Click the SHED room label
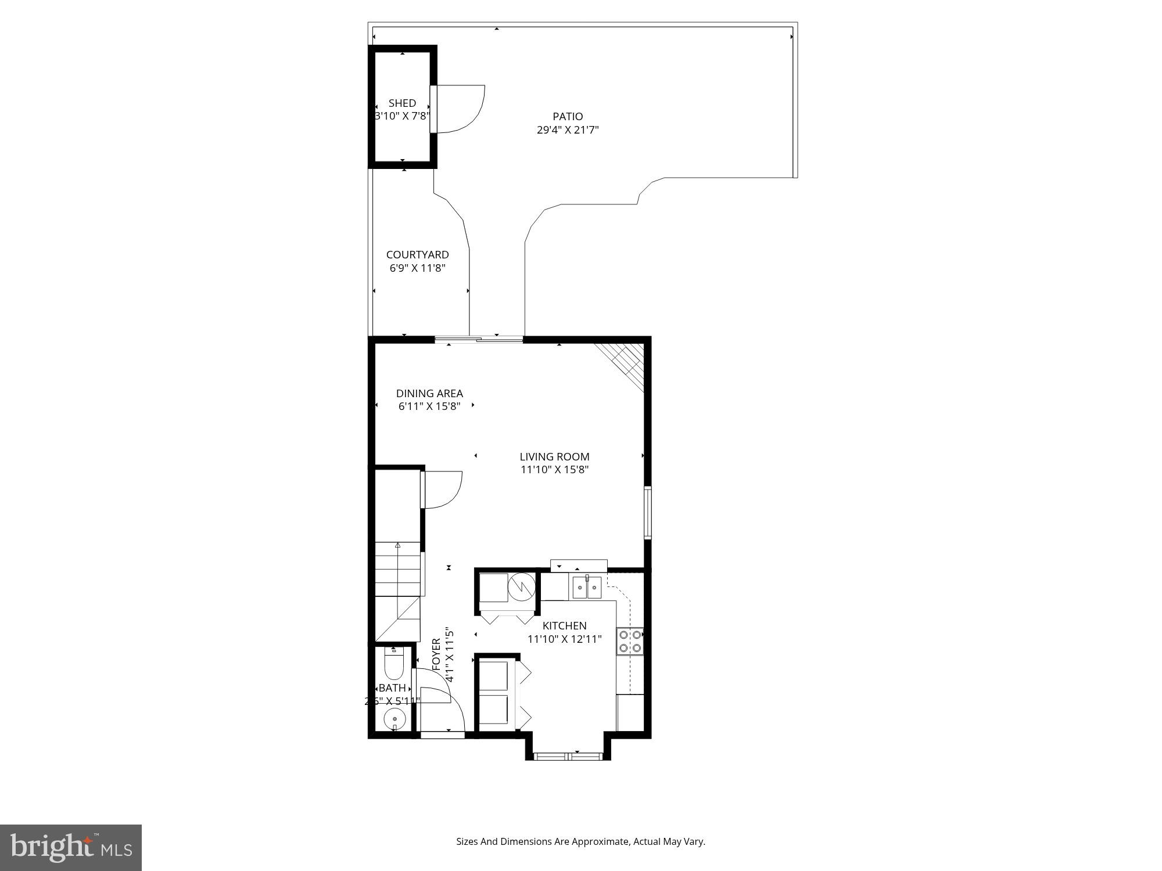[402, 103]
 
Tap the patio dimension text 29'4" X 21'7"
[568, 130]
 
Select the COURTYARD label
[417, 255]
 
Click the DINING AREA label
[429, 394]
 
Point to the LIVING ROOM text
[554, 457]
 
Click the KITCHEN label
[564, 626]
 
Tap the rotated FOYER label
[436, 655]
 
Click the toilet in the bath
[394, 665]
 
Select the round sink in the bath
[394, 719]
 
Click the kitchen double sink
[586, 588]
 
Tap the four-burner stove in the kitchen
[630, 641]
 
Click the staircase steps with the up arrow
[397, 568]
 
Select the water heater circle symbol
[521, 587]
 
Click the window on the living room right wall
[647, 513]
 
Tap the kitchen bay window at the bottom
[568, 755]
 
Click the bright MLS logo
[71, 847]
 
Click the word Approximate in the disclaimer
[601, 841]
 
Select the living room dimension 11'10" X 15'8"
[554, 470]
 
